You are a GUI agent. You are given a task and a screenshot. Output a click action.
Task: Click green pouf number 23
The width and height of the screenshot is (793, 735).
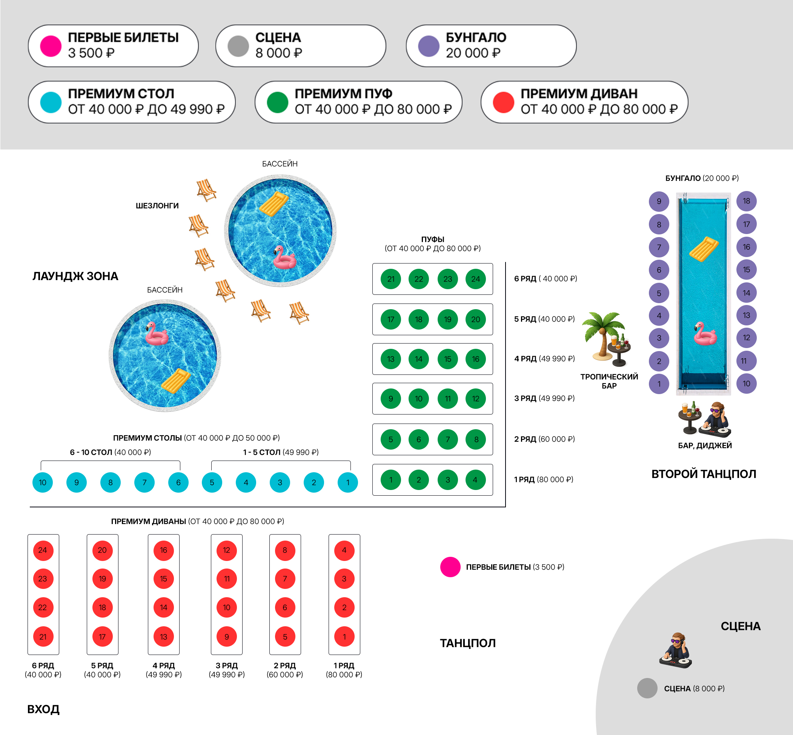tap(447, 279)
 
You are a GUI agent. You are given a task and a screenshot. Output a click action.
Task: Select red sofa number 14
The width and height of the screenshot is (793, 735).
tap(163, 607)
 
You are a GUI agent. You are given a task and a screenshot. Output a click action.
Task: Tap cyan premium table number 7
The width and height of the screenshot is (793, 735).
tap(144, 482)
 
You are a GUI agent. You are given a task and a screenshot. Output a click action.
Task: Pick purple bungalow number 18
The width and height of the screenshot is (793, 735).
tap(747, 201)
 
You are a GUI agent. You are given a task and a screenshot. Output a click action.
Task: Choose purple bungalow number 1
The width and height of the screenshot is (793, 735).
tap(659, 384)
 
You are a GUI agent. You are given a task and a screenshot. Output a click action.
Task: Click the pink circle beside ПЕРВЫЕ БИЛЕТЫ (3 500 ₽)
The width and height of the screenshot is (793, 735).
tap(450, 567)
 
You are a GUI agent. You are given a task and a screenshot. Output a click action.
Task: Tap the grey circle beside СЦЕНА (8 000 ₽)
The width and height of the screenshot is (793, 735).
tap(647, 688)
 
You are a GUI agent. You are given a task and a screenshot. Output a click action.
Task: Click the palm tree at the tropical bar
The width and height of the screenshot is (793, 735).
tap(602, 334)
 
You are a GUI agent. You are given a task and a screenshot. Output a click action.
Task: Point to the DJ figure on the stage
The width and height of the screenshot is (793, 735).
tap(676, 650)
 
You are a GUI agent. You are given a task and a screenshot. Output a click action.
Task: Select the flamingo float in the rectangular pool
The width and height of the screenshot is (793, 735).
tap(705, 334)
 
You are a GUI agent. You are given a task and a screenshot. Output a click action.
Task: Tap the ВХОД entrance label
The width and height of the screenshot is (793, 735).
tap(43, 709)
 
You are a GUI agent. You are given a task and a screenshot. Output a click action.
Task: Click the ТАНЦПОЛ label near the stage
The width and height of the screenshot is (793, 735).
tap(467, 643)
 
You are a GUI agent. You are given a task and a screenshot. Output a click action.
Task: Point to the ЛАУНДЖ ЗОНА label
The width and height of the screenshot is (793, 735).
tap(75, 276)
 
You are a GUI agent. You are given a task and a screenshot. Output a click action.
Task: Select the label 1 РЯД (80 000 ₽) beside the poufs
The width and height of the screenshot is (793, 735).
tap(543, 479)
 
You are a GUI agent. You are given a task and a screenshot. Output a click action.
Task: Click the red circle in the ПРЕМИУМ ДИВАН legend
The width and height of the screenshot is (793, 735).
tap(503, 102)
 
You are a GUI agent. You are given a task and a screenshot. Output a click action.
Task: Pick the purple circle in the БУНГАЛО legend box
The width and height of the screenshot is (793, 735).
tap(429, 46)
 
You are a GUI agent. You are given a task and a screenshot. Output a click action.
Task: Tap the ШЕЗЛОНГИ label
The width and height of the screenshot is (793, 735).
tap(157, 206)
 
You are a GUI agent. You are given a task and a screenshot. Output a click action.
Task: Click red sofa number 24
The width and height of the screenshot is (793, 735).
tap(43, 550)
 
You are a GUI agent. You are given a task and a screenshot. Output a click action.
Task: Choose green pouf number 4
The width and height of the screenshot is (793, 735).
tap(475, 480)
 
